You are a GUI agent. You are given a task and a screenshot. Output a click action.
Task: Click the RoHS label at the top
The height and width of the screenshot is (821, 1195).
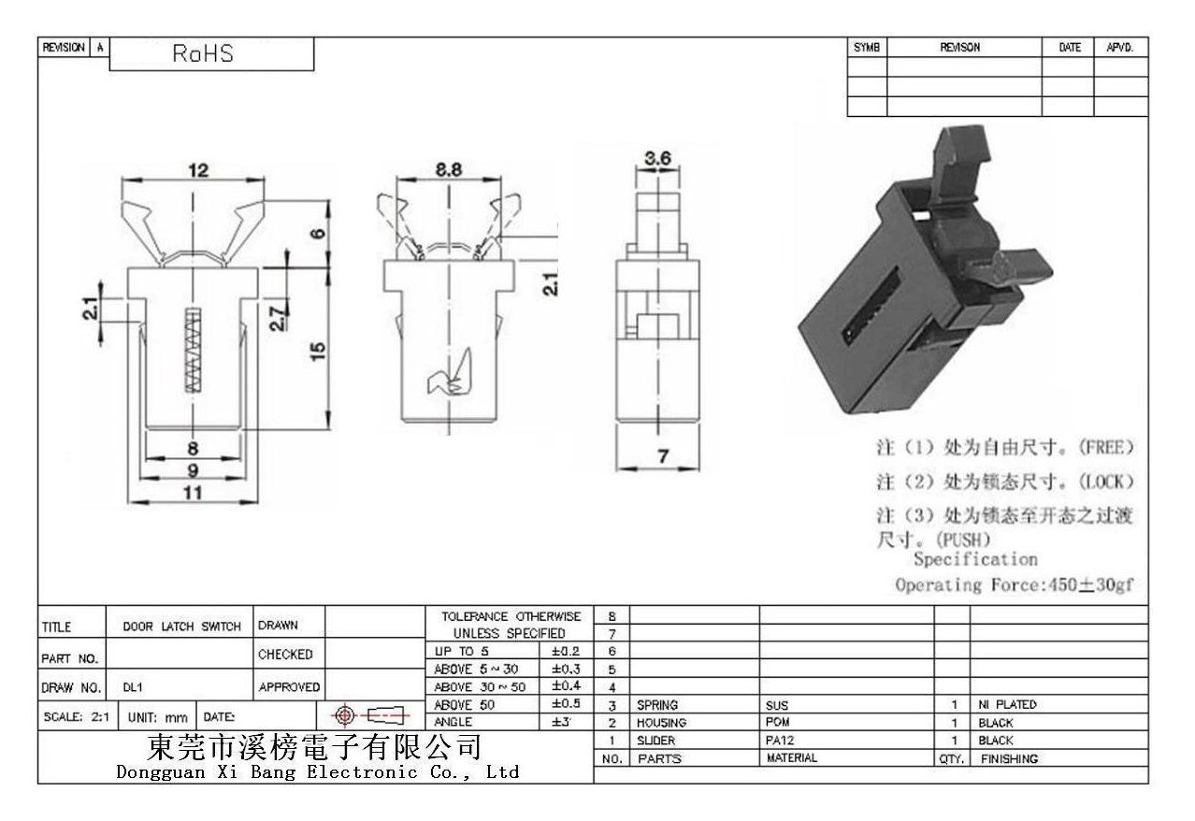(x=203, y=53)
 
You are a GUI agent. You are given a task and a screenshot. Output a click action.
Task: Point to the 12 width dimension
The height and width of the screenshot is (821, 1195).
(x=198, y=170)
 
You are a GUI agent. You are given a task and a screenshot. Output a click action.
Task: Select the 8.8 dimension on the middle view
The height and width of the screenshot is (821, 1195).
(x=448, y=169)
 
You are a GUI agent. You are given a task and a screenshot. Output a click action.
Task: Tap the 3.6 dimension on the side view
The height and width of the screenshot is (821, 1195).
(x=657, y=158)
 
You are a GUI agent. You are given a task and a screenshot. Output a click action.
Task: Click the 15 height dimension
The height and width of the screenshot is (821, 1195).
(x=318, y=351)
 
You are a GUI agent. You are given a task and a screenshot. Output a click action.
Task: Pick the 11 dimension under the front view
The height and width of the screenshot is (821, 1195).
(x=193, y=492)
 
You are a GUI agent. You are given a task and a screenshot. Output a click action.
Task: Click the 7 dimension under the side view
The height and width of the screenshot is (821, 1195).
(x=663, y=456)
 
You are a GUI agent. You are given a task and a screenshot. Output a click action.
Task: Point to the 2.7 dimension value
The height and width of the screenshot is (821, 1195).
(x=278, y=319)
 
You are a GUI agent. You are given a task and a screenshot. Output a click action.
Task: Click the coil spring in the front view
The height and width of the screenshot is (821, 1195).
(x=193, y=350)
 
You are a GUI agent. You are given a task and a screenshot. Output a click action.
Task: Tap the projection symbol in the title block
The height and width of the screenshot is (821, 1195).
(x=369, y=714)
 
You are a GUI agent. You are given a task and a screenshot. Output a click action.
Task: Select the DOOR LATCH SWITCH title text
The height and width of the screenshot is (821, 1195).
(x=182, y=627)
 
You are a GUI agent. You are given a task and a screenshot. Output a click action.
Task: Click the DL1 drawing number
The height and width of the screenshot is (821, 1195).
(x=133, y=687)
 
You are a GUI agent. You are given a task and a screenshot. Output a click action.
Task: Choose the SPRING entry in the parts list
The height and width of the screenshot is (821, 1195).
(x=657, y=705)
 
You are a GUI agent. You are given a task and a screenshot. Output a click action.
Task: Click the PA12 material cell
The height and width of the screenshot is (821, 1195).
(x=780, y=740)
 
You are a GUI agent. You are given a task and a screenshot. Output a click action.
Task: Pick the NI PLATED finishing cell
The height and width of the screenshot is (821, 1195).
(x=1007, y=704)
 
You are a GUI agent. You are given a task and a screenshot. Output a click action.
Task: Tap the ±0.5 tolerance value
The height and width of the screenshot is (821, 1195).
(x=566, y=703)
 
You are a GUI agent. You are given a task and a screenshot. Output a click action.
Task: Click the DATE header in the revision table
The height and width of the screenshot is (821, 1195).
(x=1070, y=48)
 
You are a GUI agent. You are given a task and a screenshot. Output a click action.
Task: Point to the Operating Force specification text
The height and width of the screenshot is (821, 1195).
(x=1015, y=584)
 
